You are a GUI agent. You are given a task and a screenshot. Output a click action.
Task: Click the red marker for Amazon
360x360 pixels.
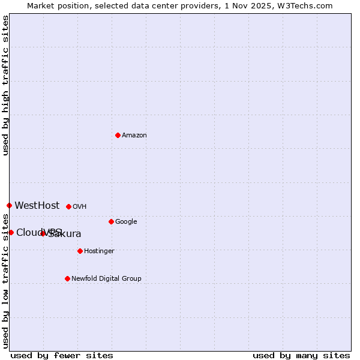coord(118,135)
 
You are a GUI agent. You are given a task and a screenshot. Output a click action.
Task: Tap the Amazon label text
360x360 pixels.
coord(134,136)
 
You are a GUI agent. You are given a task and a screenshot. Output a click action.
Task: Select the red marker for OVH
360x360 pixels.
coord(68,206)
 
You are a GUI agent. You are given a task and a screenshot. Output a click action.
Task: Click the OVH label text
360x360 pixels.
coord(80,207)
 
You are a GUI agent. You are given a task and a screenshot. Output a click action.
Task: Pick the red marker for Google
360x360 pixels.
coord(111,221)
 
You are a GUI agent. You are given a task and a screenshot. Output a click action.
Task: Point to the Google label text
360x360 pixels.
coord(126,222)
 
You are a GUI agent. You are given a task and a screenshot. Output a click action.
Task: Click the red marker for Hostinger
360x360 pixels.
coord(80,251)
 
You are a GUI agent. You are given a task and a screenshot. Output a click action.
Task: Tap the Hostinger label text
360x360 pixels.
coord(99,251)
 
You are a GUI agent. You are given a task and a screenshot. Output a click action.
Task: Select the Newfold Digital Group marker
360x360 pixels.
coord(67,278)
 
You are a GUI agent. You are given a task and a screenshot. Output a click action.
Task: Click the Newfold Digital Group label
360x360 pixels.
coord(106,279)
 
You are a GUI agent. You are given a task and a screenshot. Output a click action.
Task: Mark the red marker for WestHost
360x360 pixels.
coord(9,205)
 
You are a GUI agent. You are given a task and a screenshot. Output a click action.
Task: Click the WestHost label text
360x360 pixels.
coord(37,206)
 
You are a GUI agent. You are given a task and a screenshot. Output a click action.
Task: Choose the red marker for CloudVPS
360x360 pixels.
coord(11,232)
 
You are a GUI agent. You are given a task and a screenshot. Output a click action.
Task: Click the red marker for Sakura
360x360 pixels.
coord(43,233)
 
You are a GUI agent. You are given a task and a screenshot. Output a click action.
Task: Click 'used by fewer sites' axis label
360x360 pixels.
coord(62,355)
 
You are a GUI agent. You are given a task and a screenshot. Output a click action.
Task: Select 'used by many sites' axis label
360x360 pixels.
coord(301,355)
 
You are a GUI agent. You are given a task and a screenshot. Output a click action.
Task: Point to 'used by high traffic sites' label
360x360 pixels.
coord(5,85)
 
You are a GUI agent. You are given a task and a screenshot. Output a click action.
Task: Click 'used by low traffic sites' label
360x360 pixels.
coord(5,280)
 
